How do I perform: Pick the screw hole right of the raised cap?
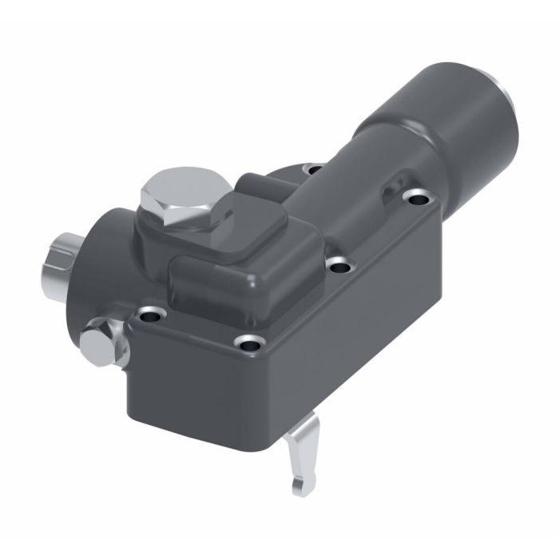click(x=339, y=264)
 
